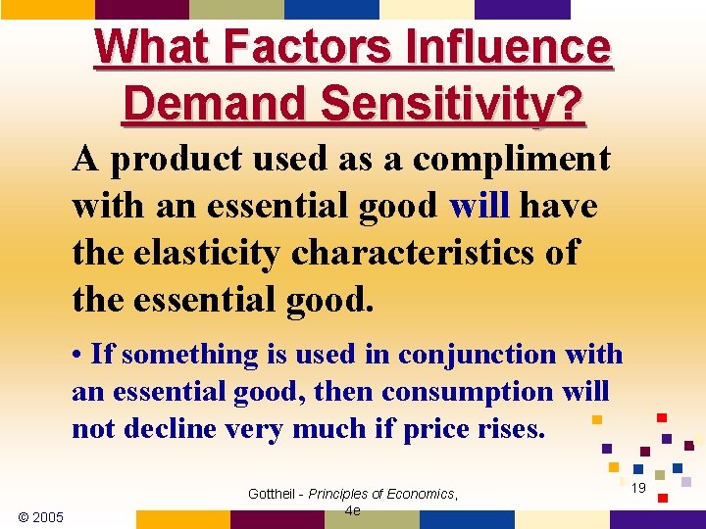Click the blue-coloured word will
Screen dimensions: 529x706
pyautogui.click(x=479, y=206)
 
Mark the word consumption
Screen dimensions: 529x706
pyautogui.click(x=468, y=391)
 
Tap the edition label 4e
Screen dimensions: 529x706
pyautogui.click(x=354, y=510)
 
